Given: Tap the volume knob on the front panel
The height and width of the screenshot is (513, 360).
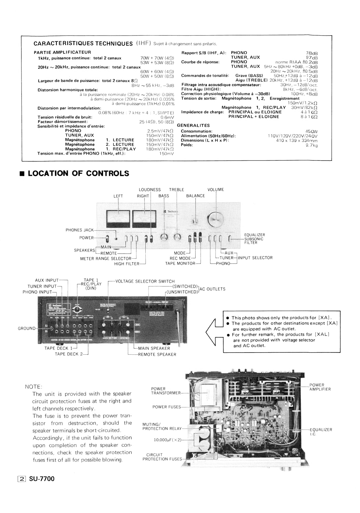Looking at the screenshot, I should [x=216, y=218].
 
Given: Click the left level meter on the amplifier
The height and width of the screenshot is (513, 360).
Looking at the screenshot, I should [x=118, y=219].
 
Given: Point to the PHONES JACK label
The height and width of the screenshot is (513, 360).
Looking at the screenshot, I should [x=80, y=230].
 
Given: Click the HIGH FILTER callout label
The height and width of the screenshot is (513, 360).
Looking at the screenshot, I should [x=127, y=264].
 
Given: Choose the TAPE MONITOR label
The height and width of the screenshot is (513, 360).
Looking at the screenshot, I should [x=180, y=263].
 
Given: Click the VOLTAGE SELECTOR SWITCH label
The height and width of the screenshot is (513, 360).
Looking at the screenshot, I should [x=145, y=281].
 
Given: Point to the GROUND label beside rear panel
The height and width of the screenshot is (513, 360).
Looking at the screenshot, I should [x=27, y=328].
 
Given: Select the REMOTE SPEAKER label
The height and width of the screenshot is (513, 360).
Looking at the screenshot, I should [x=157, y=354].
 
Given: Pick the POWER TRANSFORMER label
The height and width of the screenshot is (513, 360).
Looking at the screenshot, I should [x=162, y=391].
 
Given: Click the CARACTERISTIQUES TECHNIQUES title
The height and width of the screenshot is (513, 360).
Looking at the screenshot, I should [x=83, y=43].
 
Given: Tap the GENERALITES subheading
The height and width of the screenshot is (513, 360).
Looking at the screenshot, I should [x=193, y=125].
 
